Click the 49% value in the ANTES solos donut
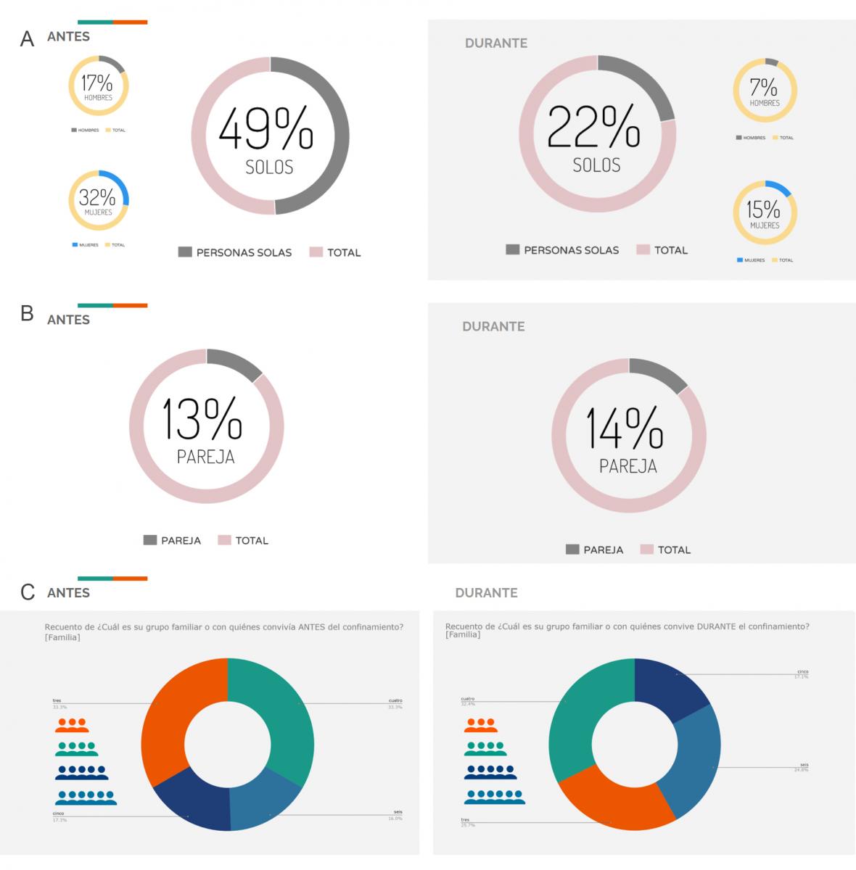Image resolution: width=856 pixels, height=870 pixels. click(266, 129)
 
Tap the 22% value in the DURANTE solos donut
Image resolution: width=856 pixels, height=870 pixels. click(593, 126)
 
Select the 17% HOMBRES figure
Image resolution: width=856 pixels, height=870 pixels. click(97, 83)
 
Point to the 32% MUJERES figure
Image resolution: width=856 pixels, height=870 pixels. click(97, 196)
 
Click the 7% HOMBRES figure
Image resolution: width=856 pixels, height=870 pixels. click(764, 88)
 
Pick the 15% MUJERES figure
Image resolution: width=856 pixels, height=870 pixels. click(764, 210)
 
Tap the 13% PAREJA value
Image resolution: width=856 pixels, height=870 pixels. click(202, 419)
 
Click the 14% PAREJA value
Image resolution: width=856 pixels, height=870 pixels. click(625, 428)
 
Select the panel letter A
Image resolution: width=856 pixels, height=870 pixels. click(27, 39)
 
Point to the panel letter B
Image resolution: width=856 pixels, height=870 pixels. click(27, 313)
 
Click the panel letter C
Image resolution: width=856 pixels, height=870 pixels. click(28, 592)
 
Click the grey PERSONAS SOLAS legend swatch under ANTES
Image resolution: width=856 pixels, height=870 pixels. click(185, 252)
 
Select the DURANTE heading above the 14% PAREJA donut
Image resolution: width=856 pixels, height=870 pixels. click(493, 326)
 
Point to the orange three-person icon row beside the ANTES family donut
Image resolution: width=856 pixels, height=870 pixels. click(72, 724)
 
